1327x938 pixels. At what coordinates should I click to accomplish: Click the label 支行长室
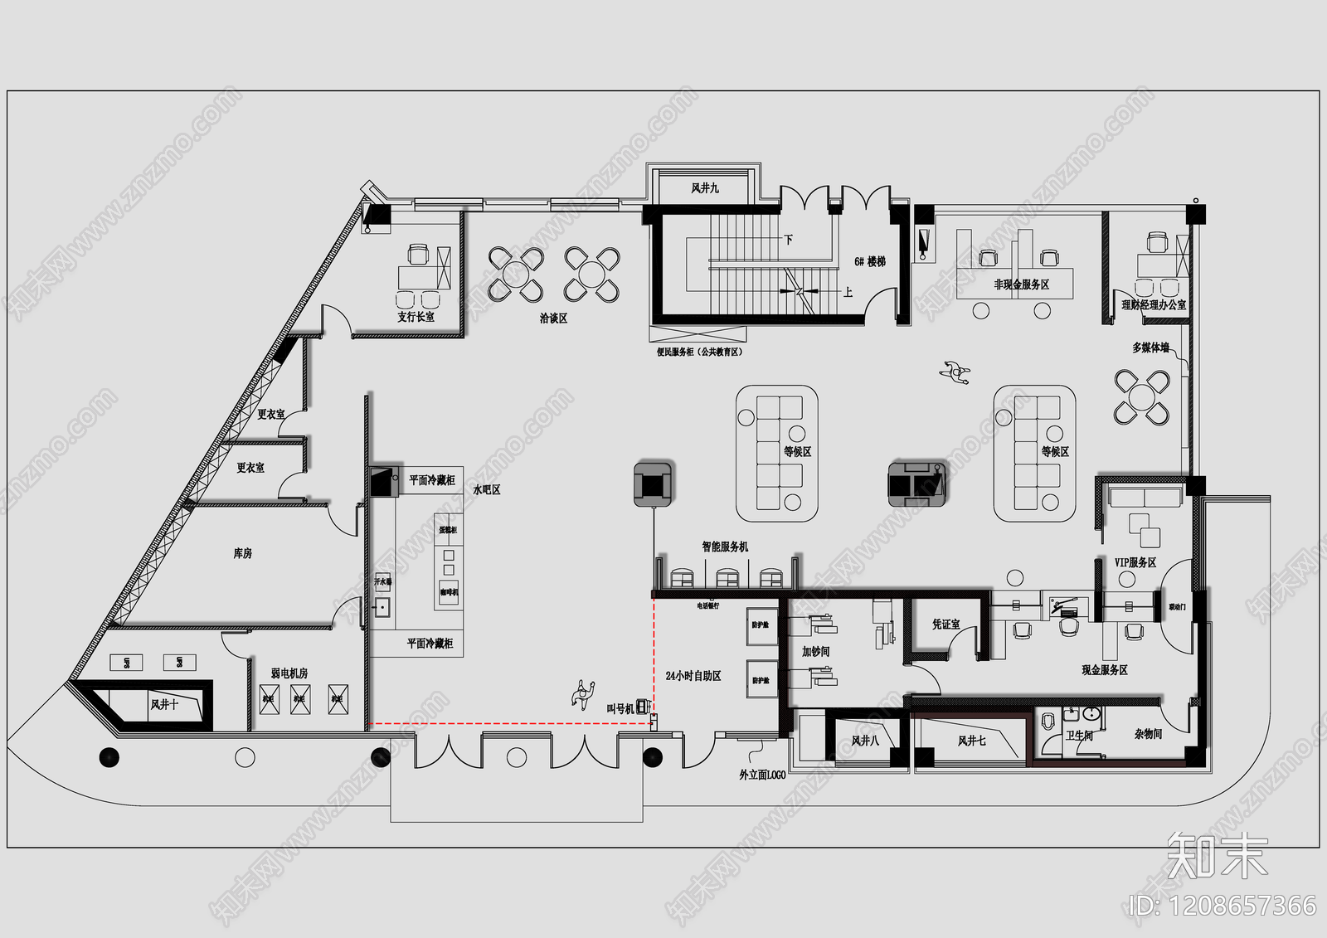(x=416, y=317)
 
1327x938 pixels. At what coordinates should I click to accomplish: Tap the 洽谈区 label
(x=553, y=318)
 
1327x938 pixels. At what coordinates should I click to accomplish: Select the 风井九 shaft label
(x=705, y=188)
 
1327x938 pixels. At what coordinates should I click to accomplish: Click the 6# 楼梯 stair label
(x=870, y=261)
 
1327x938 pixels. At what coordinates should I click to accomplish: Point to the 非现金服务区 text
(x=1022, y=284)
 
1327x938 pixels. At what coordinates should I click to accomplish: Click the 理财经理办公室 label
(x=1154, y=305)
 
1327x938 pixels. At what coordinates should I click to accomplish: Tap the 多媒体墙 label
(x=1150, y=347)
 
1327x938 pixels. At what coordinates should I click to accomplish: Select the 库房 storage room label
(x=242, y=553)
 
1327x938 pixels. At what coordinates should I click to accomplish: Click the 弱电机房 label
(x=289, y=673)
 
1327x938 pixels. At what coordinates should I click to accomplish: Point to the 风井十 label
(x=164, y=704)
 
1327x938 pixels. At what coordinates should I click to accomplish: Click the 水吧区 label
(x=487, y=490)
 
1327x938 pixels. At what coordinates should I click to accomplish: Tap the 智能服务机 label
(x=725, y=547)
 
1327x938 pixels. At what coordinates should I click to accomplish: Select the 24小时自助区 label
(x=693, y=676)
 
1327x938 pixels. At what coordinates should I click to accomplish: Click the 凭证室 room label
(x=945, y=624)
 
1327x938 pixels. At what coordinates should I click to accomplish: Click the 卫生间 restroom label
(x=1079, y=736)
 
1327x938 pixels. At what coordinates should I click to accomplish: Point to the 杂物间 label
(x=1148, y=734)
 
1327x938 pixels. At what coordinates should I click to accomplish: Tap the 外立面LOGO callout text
(x=762, y=775)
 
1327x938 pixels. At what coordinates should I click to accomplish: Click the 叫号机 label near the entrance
(x=620, y=708)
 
